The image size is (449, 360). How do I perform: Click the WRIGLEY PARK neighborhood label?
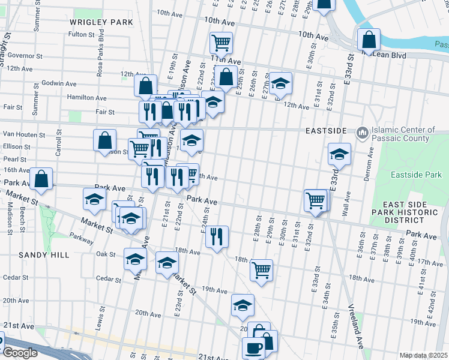101,22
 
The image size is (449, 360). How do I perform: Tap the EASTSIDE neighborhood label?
326,131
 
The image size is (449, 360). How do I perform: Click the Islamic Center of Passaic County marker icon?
362,131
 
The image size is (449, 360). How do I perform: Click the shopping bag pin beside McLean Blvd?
369,40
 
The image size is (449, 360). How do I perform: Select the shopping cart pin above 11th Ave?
221,43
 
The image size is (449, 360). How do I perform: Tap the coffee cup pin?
253,348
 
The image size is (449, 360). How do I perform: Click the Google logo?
20,353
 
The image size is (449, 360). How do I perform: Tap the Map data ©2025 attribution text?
423,355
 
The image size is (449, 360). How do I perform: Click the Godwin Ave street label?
62,83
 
